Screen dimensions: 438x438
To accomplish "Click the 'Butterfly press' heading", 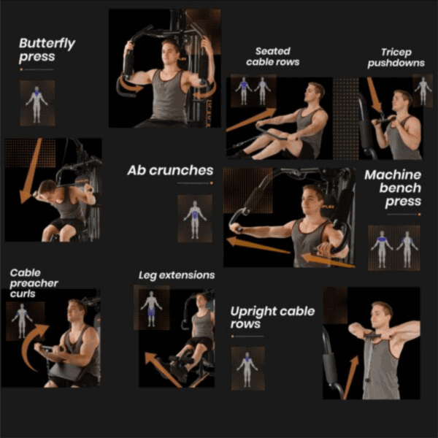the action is pyautogui.click(x=47, y=50).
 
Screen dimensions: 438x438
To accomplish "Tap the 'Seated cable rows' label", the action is pyautogui.click(x=272, y=56).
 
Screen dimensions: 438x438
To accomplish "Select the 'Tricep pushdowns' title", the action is pyautogui.click(x=396, y=58).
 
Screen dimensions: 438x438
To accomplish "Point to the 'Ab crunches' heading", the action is pyautogui.click(x=170, y=170).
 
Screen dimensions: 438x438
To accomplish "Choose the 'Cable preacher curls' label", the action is pyautogui.click(x=34, y=283).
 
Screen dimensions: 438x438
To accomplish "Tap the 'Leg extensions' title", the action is pyautogui.click(x=177, y=275).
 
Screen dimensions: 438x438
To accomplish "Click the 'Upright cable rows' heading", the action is pyautogui.click(x=272, y=318).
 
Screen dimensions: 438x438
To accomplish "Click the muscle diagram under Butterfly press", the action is pyautogui.click(x=37, y=103).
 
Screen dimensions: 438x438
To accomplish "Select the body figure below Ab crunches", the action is pyautogui.click(x=195, y=219).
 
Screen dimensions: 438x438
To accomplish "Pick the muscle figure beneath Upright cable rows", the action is pyautogui.click(x=247, y=369).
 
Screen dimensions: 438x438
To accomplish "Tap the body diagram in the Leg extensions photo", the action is pyautogui.click(x=151, y=308).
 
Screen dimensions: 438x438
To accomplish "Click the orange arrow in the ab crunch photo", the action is pyautogui.click(x=30, y=171).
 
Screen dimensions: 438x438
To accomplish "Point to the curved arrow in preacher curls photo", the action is pyautogui.click(x=34, y=346).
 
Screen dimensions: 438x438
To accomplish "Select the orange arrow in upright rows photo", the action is pyautogui.click(x=351, y=377).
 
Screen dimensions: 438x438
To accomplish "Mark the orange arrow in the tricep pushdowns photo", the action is pyautogui.click(x=374, y=95).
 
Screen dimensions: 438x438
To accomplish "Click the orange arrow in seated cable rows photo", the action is pyautogui.click(x=251, y=120).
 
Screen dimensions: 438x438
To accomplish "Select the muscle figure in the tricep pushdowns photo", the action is pyautogui.click(x=423, y=91).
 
